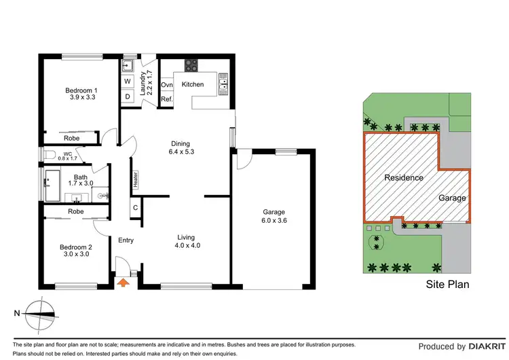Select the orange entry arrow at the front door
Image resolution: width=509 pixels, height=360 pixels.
(x=124, y=282)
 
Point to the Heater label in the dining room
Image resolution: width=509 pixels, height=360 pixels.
(x=135, y=179)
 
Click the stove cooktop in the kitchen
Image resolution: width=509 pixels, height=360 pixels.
(x=191, y=67)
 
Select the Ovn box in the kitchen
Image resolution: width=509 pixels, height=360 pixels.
(x=166, y=85)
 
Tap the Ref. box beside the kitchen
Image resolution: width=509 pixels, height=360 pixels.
(x=166, y=99)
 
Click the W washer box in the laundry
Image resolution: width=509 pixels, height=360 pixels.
(x=127, y=82)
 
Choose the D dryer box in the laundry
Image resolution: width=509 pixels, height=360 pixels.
(x=127, y=96)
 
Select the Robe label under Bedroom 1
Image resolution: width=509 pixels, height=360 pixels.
(x=71, y=138)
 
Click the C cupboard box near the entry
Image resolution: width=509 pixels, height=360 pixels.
(x=136, y=208)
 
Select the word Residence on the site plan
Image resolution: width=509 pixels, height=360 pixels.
(x=404, y=178)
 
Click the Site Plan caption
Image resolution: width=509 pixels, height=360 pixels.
(x=447, y=285)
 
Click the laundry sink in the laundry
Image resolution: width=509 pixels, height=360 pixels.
(x=128, y=67)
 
